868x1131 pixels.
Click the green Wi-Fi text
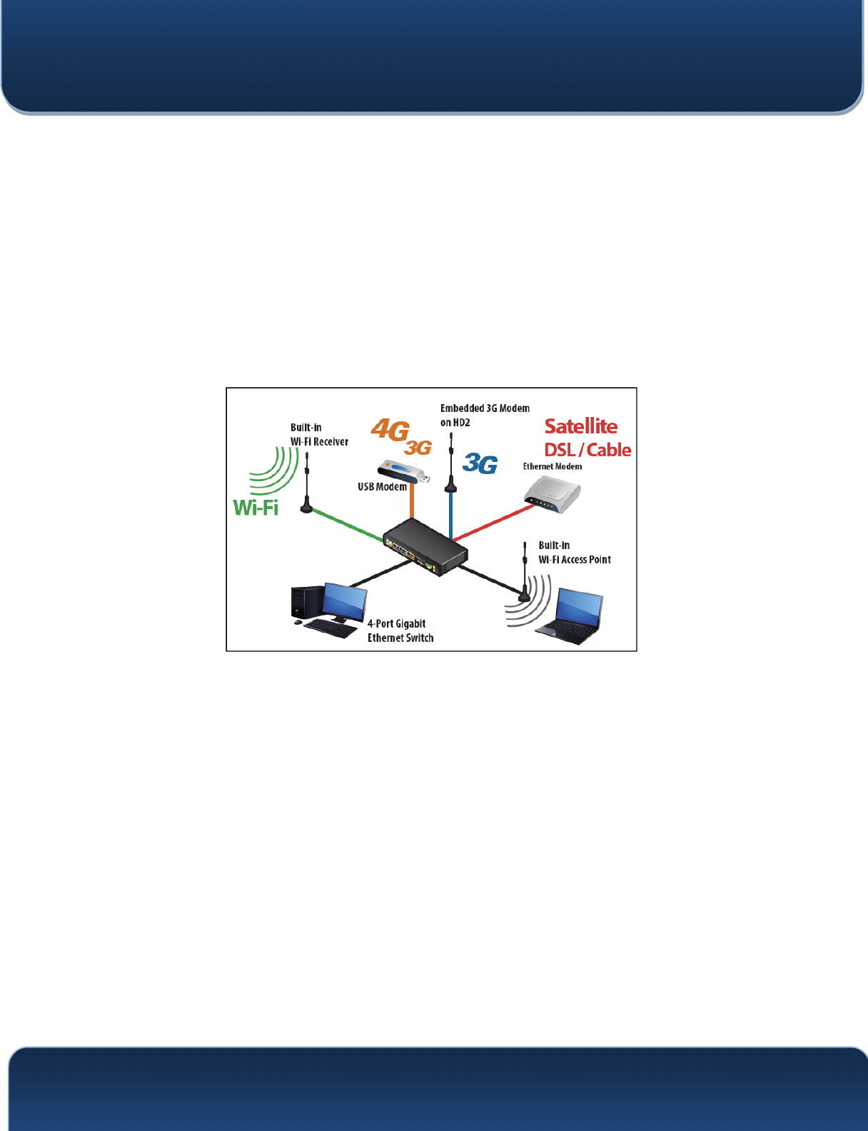tap(256, 508)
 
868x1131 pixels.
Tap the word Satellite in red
tap(581, 426)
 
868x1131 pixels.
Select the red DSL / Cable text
tap(587, 451)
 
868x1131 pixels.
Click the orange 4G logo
tap(390, 430)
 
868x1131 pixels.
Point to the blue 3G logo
tap(480, 464)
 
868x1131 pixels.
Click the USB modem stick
tap(403, 471)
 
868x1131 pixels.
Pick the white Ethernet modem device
tap(552, 494)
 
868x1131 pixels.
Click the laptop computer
tap(572, 616)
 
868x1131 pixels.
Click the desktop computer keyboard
tap(330, 628)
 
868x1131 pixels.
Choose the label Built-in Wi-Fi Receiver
tap(319, 435)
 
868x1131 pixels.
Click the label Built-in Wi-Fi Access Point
tap(574, 553)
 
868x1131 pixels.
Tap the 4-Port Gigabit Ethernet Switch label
tap(400, 631)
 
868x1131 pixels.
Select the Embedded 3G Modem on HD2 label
tap(485, 416)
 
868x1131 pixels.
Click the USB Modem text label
tap(382, 487)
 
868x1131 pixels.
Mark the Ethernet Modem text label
tap(552, 467)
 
